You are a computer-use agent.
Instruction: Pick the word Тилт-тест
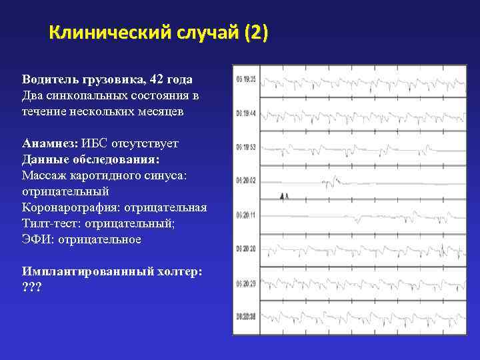point(47,223)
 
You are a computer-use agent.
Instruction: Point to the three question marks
point(31,287)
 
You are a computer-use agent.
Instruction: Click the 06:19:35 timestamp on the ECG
point(245,79)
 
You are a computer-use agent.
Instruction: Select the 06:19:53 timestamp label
point(245,147)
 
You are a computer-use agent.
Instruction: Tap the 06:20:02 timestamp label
point(245,180)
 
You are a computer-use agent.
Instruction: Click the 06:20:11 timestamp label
point(245,215)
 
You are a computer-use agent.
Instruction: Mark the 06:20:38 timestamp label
point(245,316)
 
